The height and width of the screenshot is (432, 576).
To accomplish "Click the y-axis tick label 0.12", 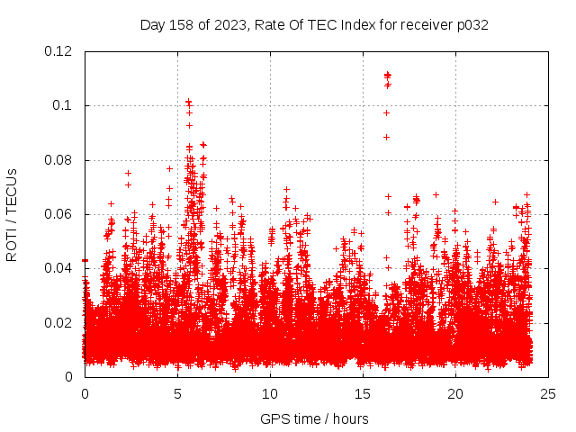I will click(58, 51).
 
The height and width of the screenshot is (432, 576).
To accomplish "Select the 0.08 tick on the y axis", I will click(58, 160).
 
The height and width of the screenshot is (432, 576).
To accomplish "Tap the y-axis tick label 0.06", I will click(58, 214).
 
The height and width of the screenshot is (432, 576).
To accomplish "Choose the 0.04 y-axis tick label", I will click(58, 268).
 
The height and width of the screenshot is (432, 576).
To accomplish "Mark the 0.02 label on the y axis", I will click(58, 322).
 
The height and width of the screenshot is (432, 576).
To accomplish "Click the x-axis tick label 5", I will click(177, 393).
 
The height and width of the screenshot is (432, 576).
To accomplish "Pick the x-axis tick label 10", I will click(270, 393).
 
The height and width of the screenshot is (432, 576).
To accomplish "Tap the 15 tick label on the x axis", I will click(363, 393).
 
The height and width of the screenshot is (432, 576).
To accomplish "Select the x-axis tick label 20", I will click(455, 393).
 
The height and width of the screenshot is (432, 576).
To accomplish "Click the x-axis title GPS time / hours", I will click(314, 418).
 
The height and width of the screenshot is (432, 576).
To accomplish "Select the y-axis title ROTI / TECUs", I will click(13, 214).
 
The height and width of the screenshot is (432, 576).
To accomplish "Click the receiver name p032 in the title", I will click(472, 24).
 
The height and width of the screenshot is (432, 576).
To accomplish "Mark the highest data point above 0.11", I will click(387, 75).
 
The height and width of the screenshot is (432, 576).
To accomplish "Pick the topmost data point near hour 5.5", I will click(188, 102).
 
